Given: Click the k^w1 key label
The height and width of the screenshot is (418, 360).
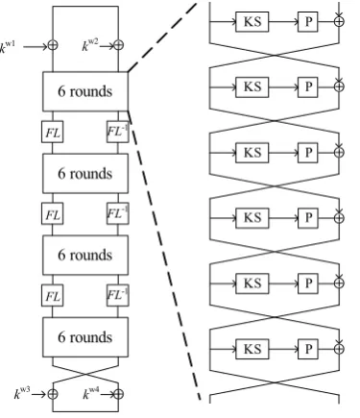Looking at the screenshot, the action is pos(8,47).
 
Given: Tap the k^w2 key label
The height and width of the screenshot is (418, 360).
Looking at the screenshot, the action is pos(90,45).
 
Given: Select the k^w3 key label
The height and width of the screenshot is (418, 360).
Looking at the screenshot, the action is pos(22,393).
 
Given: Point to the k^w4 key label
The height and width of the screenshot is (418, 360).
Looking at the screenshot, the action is pos(91,393).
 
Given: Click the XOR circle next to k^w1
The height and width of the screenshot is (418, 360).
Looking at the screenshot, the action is pos(53,45).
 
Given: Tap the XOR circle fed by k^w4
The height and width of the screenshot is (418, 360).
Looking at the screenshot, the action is pos(118,394).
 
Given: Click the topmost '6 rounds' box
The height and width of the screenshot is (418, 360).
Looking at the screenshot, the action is pos(85,91).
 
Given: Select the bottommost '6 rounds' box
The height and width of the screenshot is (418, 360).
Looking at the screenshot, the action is pos(85,337).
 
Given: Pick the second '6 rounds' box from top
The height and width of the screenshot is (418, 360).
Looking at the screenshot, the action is pos(85,173).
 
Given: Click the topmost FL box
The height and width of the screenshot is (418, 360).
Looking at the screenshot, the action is pos(53,132).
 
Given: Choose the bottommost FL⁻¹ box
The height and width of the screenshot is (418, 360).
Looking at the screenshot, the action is pos(118,295).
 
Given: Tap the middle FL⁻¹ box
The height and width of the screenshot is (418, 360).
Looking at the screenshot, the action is pos(118,213).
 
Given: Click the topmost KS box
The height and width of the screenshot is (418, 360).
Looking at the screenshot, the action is pos(252,22).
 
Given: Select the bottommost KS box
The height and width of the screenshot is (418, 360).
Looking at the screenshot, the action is pos(252,349).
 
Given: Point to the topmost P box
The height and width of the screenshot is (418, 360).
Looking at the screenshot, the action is pos(308,22).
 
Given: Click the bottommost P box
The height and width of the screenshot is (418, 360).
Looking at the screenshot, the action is pos(308,349).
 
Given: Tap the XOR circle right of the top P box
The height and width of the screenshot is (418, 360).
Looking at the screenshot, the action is pos(339,21).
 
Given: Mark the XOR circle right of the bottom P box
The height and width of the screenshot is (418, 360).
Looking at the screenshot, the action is pos(339,349).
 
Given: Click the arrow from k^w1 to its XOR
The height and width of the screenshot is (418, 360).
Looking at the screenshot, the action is pos(36,47).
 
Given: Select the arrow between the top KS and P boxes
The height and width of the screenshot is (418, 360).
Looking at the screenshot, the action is pos(283,22).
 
